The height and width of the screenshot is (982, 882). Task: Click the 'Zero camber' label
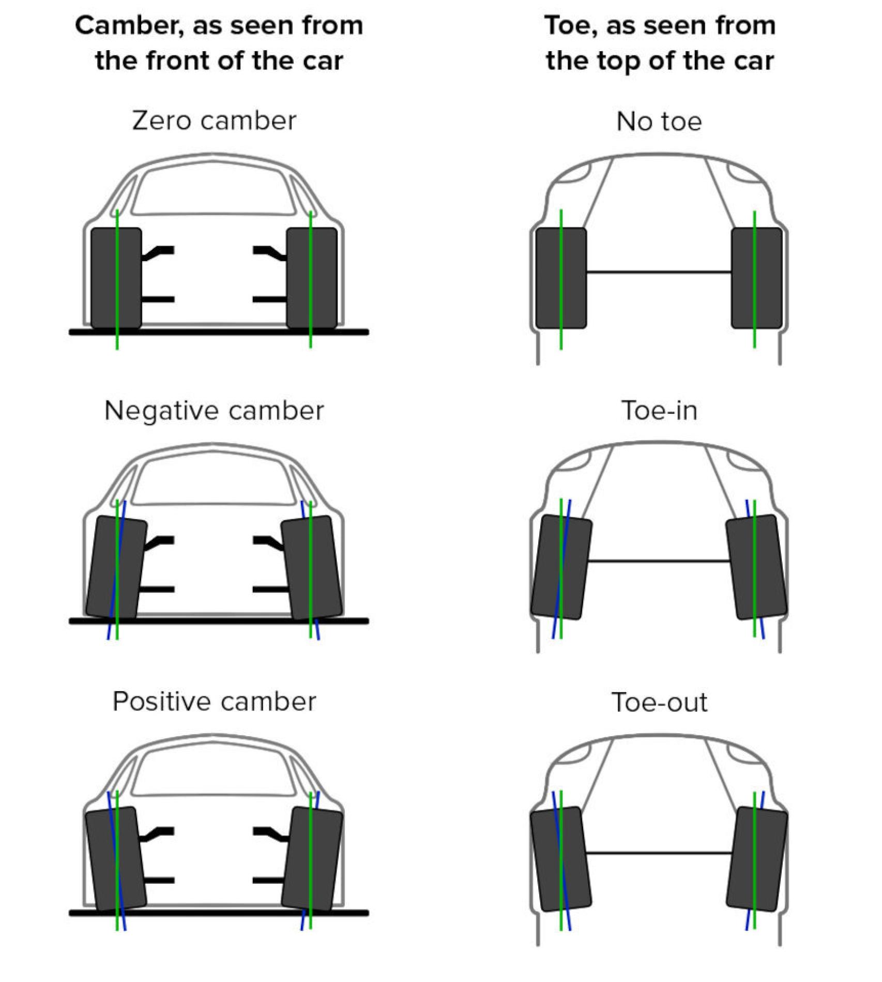pyautogui.click(x=214, y=121)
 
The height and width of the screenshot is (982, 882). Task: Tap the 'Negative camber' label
pyautogui.click(x=214, y=411)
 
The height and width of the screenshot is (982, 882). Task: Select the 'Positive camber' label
pyautogui.click(x=214, y=702)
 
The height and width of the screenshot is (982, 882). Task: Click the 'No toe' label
pyautogui.click(x=659, y=122)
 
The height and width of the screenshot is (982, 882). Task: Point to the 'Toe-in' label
pyautogui.click(x=659, y=411)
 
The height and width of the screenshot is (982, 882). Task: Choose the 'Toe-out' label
pyautogui.click(x=659, y=703)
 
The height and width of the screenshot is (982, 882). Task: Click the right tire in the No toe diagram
pyautogui.click(x=768, y=278)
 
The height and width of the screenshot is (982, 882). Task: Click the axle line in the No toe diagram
pyautogui.click(x=659, y=272)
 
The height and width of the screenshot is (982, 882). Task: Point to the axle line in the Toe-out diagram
pyautogui.click(x=659, y=853)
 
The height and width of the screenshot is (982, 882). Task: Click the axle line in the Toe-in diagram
pyautogui.click(x=659, y=561)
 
